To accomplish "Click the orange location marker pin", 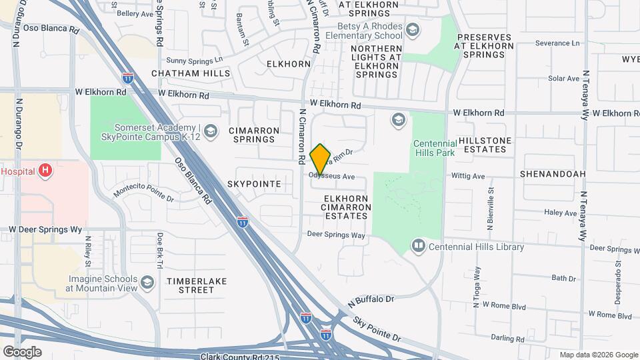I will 321,159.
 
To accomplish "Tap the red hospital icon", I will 45,171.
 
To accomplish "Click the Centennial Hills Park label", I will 434,148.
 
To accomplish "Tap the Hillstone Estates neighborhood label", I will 486,145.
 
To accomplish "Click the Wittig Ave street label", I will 470,177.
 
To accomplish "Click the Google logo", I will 22,351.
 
